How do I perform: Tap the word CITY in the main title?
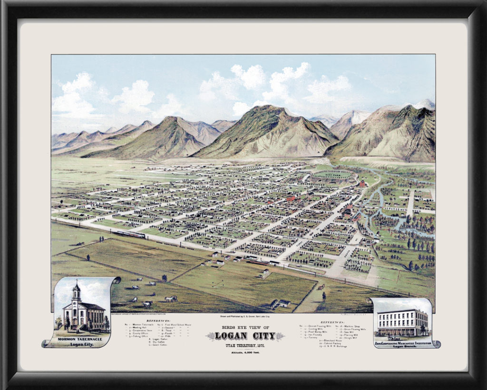(264, 336)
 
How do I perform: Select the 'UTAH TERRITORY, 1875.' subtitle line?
(245, 345)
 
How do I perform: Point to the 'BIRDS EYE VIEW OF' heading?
(245, 327)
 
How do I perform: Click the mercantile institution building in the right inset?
(402, 322)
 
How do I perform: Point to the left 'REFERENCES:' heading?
(157, 321)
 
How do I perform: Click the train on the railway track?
(129, 234)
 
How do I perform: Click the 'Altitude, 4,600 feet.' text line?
(245, 352)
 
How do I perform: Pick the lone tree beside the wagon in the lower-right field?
(324, 295)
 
